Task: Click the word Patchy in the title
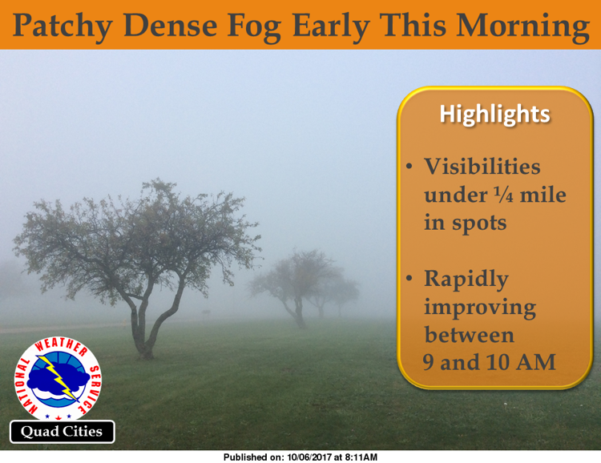click(63, 26)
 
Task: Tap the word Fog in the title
click(254, 26)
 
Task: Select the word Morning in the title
click(522, 26)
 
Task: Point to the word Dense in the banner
click(170, 25)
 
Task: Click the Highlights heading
click(495, 115)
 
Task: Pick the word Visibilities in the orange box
click(482, 167)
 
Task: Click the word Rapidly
click(466, 280)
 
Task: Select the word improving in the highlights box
click(480, 308)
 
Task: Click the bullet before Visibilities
click(409, 167)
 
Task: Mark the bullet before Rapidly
click(409, 278)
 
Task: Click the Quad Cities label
click(62, 432)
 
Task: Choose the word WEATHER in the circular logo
click(62, 346)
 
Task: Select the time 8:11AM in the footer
click(361, 457)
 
